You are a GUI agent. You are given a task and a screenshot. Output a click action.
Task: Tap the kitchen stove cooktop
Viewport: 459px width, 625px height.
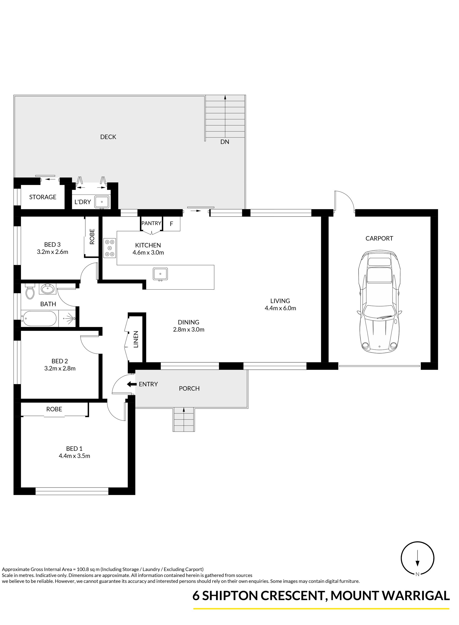pyautogui.click(x=110, y=248)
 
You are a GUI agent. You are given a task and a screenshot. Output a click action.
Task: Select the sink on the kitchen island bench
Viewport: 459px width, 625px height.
pyautogui.click(x=160, y=274)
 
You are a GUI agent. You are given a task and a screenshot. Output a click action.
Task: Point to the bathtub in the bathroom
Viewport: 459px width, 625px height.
pyautogui.click(x=39, y=318)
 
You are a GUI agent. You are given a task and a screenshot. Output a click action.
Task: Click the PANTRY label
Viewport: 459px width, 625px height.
pyautogui.click(x=151, y=223)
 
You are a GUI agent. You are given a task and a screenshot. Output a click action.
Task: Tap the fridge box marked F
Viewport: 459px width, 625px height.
pyautogui.click(x=171, y=223)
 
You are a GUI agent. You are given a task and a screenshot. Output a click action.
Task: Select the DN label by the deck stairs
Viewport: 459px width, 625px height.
pyautogui.click(x=225, y=142)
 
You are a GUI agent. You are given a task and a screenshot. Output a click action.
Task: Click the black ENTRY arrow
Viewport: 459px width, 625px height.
pyautogui.click(x=132, y=384)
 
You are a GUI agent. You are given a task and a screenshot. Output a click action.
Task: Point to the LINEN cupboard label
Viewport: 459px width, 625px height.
pyautogui.click(x=136, y=339)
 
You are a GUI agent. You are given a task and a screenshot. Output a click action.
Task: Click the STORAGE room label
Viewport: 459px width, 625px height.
pyautogui.click(x=43, y=197)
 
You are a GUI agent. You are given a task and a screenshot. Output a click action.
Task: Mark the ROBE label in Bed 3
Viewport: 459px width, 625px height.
pyautogui.click(x=92, y=236)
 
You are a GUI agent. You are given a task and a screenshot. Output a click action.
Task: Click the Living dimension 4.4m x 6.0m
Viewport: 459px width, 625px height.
pyautogui.click(x=280, y=308)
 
